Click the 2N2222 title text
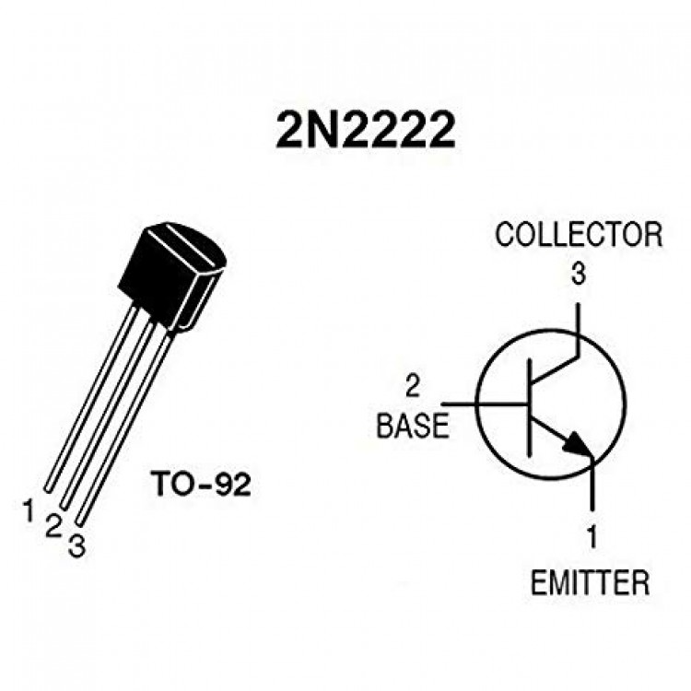[366, 129]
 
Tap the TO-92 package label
[201, 484]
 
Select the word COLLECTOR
[579, 235]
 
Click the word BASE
[413, 426]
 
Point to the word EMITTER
[590, 582]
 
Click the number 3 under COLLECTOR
[579, 274]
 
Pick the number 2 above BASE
[413, 387]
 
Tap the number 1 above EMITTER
[592, 536]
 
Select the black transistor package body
[173, 276]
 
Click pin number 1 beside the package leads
[29, 509]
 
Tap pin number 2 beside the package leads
[53, 526]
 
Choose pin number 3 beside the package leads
[76, 546]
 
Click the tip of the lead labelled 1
[48, 488]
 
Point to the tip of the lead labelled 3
[79, 523]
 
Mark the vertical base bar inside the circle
[529, 407]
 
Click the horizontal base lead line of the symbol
[485, 404]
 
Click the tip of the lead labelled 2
[63, 508]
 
